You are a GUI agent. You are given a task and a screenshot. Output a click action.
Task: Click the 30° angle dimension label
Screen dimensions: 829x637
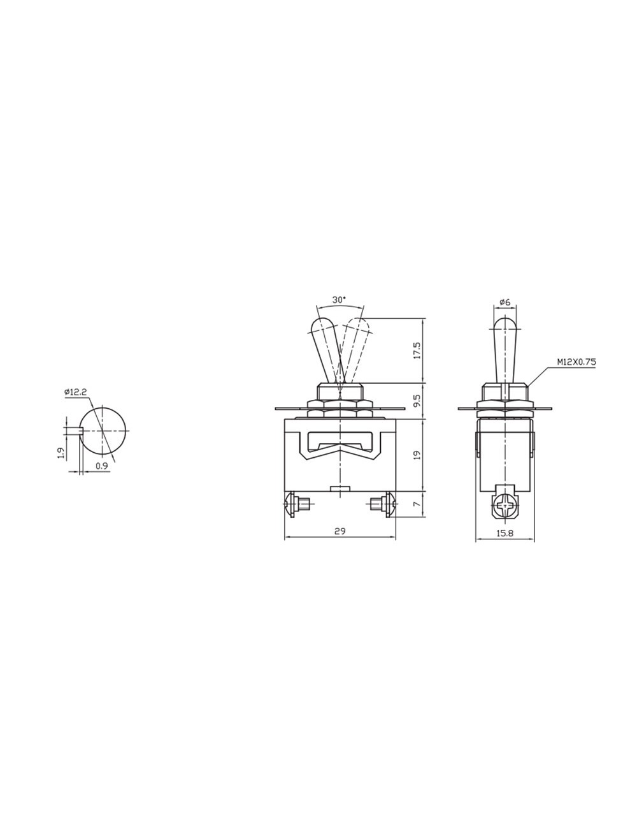pyautogui.click(x=339, y=299)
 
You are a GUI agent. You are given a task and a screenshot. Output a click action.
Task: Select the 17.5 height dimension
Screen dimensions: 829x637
pyautogui.click(x=417, y=350)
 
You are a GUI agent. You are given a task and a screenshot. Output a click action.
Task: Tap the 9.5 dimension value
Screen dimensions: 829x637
pyautogui.click(x=417, y=400)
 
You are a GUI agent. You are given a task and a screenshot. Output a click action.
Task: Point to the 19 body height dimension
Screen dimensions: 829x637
pyautogui.click(x=417, y=455)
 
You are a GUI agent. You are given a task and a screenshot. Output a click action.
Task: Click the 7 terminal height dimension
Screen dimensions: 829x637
pyautogui.click(x=417, y=504)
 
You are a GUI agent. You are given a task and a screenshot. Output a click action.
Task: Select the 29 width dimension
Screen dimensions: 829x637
pyautogui.click(x=340, y=531)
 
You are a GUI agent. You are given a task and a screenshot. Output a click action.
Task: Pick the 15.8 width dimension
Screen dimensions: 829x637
pyautogui.click(x=505, y=533)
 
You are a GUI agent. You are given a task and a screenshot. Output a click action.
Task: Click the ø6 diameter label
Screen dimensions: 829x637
pyautogui.click(x=505, y=301)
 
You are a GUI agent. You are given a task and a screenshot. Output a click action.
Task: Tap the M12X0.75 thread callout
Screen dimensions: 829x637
pyautogui.click(x=576, y=362)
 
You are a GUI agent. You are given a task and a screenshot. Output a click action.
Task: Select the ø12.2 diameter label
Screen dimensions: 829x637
pyautogui.click(x=75, y=392)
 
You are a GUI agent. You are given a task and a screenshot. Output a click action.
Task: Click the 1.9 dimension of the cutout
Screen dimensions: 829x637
pyautogui.click(x=61, y=453)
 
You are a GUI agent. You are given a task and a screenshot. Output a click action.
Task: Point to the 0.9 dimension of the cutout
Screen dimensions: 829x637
pyautogui.click(x=101, y=466)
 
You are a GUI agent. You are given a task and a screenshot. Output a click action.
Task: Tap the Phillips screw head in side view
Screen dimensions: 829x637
pyautogui.click(x=505, y=508)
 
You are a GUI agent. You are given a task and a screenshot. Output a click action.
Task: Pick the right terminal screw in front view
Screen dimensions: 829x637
pyautogui.click(x=386, y=506)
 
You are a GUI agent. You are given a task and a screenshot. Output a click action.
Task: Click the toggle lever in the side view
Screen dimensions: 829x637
pyautogui.click(x=505, y=351)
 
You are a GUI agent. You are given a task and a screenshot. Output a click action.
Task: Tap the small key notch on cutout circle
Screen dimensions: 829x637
pyautogui.click(x=80, y=430)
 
